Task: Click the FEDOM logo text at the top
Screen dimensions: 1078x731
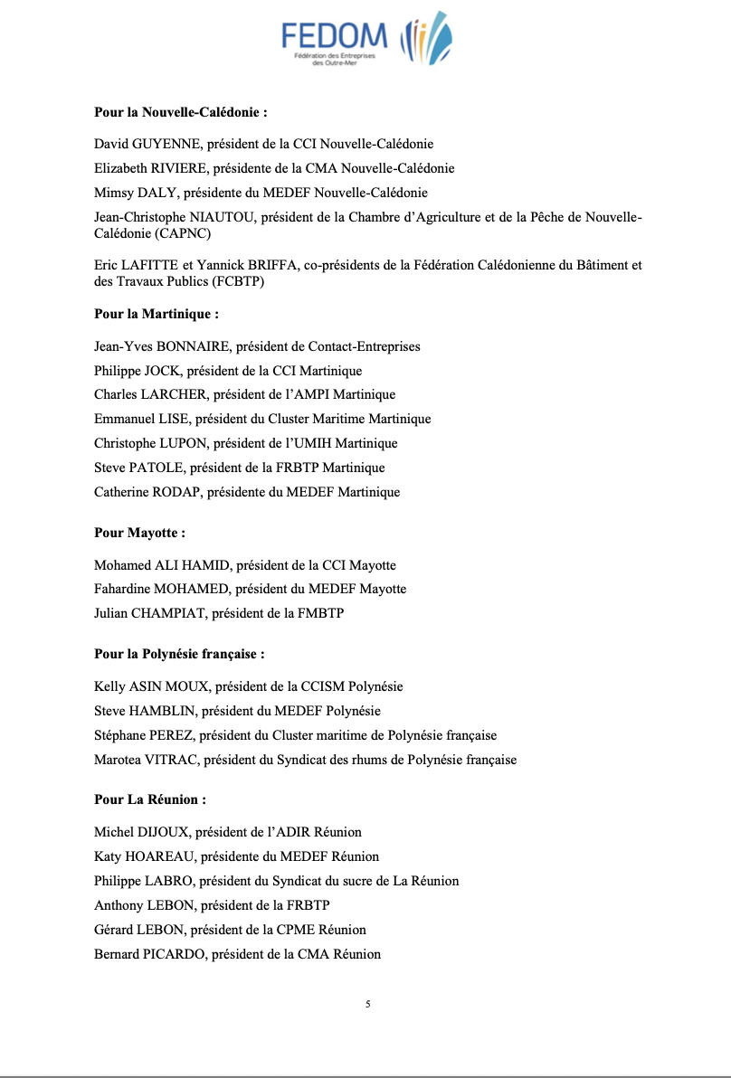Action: coord(334,36)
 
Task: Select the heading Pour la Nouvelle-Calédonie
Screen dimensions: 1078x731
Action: coord(181,113)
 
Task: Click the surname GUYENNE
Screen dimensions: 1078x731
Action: coord(168,144)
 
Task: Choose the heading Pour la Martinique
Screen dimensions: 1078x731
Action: coord(157,315)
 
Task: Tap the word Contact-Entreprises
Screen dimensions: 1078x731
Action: coord(365,346)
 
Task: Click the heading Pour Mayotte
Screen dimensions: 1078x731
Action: coord(139,533)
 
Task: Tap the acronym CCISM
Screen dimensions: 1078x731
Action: coord(325,686)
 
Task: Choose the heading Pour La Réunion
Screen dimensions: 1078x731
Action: coord(150,800)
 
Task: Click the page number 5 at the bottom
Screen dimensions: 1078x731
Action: coord(368,1004)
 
